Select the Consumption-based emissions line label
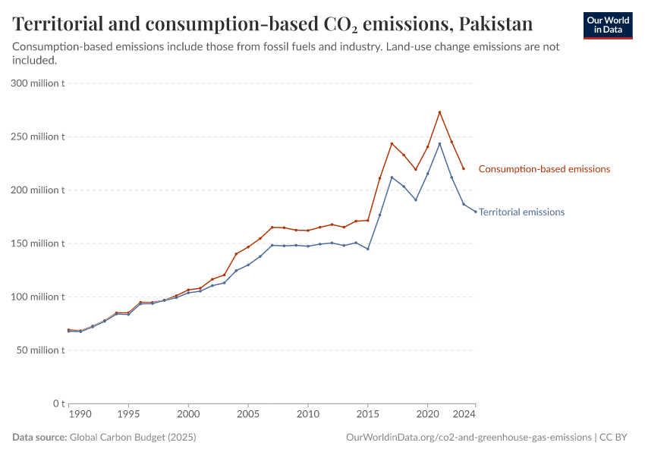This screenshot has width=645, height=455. pyautogui.click(x=544, y=169)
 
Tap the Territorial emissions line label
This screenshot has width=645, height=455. pyautogui.click(x=521, y=212)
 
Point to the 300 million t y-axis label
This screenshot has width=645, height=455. pyautogui.click(x=38, y=83)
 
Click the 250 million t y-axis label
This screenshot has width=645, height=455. pyautogui.click(x=38, y=137)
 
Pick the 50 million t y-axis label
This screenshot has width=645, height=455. pyautogui.click(x=41, y=350)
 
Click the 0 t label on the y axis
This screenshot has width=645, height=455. pyautogui.click(x=57, y=403)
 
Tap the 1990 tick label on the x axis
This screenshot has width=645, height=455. pyautogui.click(x=80, y=415)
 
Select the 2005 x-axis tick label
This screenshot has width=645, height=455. pyautogui.click(x=247, y=415)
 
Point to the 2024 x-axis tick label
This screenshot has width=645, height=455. pyautogui.click(x=464, y=415)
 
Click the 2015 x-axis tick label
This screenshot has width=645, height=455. pyautogui.click(x=367, y=415)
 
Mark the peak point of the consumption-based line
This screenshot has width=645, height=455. pyautogui.click(x=439, y=112)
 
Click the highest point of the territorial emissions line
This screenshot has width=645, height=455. pyautogui.click(x=439, y=143)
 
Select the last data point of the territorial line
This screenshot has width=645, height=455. pyautogui.click(x=476, y=212)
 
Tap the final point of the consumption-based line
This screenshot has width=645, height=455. pyautogui.click(x=464, y=168)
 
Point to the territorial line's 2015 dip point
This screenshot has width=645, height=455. pyautogui.click(x=367, y=249)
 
